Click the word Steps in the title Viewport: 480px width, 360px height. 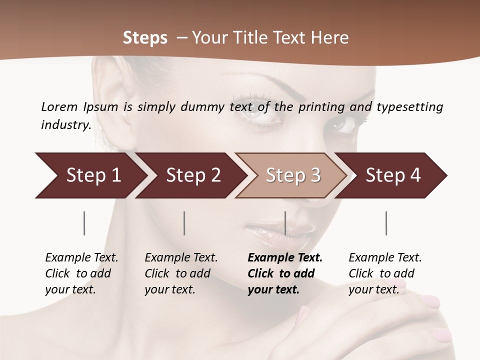click(145, 38)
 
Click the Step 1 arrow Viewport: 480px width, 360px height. click(93, 175)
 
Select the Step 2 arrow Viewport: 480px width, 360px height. click(193, 175)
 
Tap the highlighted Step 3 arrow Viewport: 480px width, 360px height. click(293, 175)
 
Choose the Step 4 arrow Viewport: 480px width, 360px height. click(393, 175)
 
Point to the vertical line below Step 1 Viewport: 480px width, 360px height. click(84, 223)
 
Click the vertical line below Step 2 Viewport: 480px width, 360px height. click(184, 223)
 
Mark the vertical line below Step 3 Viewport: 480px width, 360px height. click(285, 223)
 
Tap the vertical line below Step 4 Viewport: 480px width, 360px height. click(386, 223)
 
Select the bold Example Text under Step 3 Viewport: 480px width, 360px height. click(285, 258)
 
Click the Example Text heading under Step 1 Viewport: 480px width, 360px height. click(81, 258)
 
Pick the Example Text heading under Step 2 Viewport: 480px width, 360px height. click(181, 258)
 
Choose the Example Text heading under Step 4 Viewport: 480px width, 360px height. click(385, 258)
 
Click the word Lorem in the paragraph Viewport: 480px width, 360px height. click(59, 106)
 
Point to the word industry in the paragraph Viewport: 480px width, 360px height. click(65, 124)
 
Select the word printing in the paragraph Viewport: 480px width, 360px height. click(321, 106)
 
